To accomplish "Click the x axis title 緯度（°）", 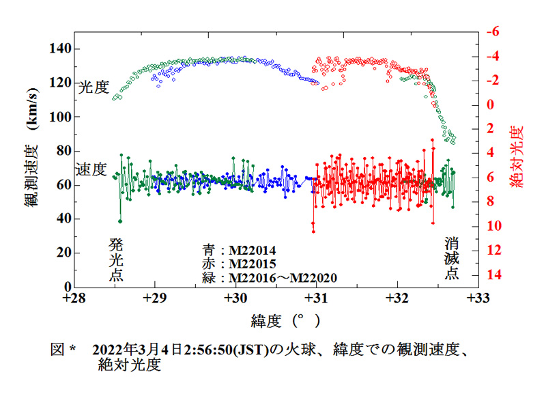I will [277, 320].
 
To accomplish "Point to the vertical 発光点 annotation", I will [116, 260].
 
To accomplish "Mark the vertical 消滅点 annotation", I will [452, 259].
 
